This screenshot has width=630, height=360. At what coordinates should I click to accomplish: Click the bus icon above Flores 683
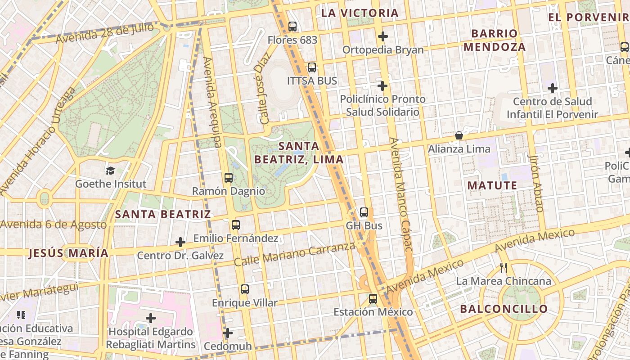(292, 27)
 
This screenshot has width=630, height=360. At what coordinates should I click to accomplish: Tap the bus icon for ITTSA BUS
(311, 68)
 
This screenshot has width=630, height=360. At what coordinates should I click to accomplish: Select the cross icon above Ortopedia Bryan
(383, 36)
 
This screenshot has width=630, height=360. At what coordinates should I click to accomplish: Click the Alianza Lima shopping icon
(459, 135)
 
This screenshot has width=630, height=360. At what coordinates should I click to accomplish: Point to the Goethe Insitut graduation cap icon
(110, 171)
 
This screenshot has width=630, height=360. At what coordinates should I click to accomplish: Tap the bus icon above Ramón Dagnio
(229, 178)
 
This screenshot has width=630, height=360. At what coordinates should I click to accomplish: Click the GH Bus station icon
(364, 212)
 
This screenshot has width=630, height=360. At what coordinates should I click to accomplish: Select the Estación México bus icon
(373, 298)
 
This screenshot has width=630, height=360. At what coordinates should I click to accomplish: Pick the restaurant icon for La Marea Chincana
(504, 268)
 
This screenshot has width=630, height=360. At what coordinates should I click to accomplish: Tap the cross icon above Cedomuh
(228, 333)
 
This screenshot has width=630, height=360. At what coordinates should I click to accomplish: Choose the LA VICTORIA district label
(360, 13)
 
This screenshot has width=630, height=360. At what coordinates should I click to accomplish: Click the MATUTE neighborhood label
(492, 185)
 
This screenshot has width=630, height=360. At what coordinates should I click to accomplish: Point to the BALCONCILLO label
(504, 309)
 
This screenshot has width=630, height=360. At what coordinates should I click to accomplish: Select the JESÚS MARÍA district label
(68, 253)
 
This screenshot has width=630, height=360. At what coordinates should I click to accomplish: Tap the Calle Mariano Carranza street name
(294, 254)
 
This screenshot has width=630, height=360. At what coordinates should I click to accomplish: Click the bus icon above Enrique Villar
(244, 289)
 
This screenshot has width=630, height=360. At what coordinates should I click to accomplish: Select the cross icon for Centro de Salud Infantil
(553, 88)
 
